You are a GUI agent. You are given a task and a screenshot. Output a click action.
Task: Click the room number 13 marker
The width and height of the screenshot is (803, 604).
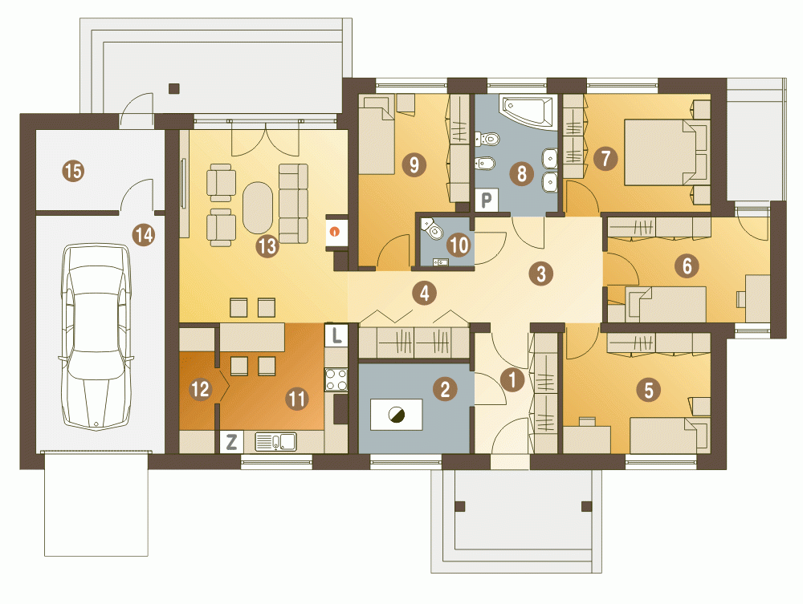[267, 246]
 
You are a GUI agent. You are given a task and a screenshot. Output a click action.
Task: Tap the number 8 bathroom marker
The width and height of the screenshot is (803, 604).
[521, 174]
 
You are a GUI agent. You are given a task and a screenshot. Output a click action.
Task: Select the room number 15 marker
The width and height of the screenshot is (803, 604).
[73, 170]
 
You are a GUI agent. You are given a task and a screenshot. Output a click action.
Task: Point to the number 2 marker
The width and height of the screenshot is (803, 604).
[445, 389]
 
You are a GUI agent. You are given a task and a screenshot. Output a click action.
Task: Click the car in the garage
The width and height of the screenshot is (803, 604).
[96, 337]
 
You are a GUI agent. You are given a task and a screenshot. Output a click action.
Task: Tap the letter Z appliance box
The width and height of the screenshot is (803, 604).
[231, 442]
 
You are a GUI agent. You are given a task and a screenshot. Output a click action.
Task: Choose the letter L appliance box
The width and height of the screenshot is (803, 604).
[336, 335]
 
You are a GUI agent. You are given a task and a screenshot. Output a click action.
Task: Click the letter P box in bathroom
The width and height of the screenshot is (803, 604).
[486, 200]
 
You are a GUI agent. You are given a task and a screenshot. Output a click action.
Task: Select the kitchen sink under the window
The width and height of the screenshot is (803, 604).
[275, 442]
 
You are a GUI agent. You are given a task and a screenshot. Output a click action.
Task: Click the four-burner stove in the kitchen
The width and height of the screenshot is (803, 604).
[336, 379]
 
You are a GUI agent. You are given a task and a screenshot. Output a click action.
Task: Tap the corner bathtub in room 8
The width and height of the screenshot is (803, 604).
[528, 111]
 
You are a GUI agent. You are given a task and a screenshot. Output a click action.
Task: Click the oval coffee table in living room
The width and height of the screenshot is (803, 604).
[258, 209]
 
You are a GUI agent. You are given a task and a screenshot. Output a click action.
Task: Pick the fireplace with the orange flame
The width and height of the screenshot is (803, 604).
[336, 232]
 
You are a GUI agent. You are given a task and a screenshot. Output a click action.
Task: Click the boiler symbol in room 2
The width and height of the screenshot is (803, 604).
[396, 415]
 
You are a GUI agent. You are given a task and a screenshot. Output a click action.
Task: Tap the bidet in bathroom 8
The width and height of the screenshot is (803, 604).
[484, 163]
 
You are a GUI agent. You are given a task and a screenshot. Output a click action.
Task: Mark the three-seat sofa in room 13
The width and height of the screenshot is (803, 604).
[293, 204]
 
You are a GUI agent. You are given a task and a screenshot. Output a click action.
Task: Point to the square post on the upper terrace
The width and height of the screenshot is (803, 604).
[174, 88]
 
